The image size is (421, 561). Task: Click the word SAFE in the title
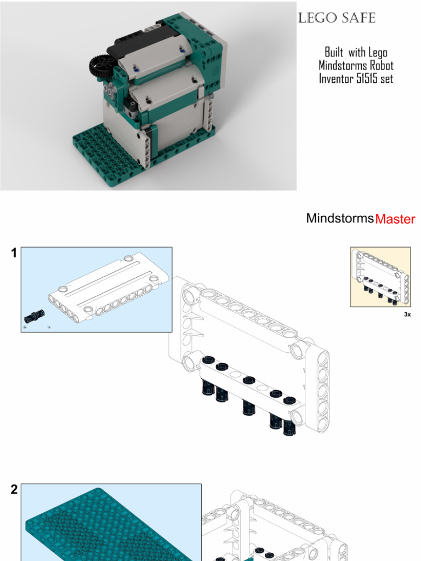(x=359, y=18)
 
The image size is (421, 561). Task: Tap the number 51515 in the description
(x=364, y=78)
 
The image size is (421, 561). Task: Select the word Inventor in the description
(x=335, y=78)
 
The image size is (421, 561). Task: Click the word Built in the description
(x=334, y=52)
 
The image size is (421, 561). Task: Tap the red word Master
(x=395, y=219)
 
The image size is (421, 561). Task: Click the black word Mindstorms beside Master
(x=340, y=219)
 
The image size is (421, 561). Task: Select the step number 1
(x=14, y=253)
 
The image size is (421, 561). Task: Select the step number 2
(x=14, y=490)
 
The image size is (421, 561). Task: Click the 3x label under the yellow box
(x=407, y=314)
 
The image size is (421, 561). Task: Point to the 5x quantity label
(x=25, y=327)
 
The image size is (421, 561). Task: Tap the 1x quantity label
(x=49, y=327)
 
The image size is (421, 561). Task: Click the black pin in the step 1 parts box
(x=33, y=316)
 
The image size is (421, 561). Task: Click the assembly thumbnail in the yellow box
(x=380, y=277)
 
